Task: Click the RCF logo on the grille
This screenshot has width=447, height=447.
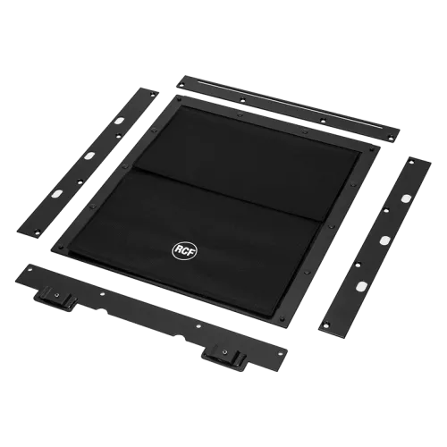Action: pyautogui.click(x=184, y=250)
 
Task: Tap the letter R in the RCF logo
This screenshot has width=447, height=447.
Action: pyautogui.click(x=178, y=249)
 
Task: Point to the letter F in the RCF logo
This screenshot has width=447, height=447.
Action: pyautogui.click(x=191, y=253)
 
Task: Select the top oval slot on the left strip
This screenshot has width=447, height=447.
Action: pyautogui.click(x=119, y=122)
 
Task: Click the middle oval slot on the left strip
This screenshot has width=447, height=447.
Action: pyautogui.click(x=90, y=156)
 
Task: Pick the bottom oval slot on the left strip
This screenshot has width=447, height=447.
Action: pyautogui.click(x=56, y=194)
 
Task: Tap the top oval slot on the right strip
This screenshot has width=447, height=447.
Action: pyautogui.click(x=406, y=198)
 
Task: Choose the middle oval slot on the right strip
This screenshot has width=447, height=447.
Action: pyautogui.click(x=384, y=240)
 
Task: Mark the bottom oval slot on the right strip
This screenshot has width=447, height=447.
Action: pyautogui.click(x=361, y=286)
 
